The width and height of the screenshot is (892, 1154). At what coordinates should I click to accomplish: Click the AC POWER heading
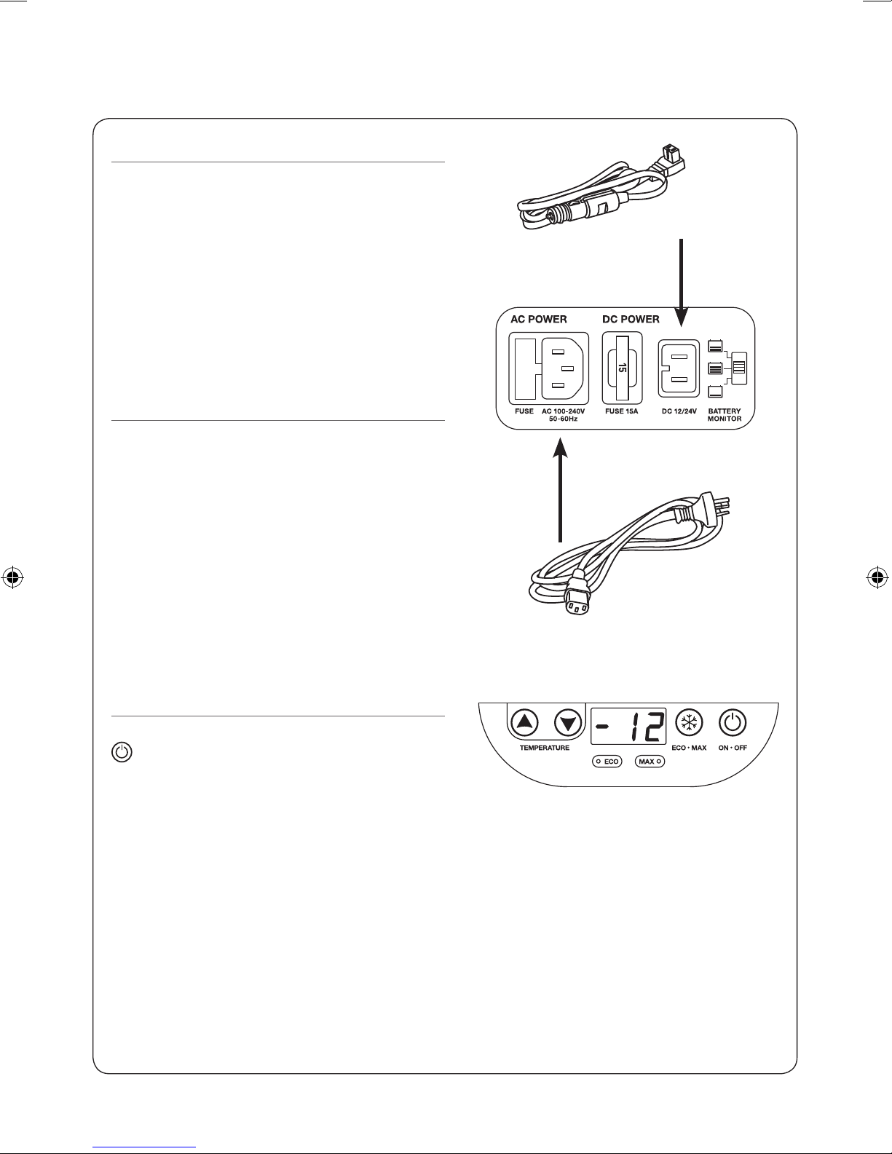click(x=538, y=319)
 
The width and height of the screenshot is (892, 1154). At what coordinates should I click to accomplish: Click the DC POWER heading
click(x=631, y=319)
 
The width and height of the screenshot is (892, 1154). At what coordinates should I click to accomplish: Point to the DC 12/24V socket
click(x=679, y=368)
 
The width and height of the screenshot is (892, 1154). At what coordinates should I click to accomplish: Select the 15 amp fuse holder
click(x=622, y=368)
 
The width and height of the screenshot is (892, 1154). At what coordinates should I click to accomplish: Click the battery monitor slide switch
click(x=739, y=368)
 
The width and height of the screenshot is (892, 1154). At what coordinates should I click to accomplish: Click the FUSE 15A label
click(x=621, y=411)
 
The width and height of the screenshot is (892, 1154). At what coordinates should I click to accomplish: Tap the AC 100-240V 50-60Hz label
click(x=563, y=415)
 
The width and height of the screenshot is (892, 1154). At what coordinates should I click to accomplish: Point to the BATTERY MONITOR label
click(x=725, y=415)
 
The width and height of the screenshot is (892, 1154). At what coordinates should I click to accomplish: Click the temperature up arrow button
click(x=524, y=722)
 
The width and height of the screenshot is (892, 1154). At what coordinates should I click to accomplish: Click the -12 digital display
click(x=628, y=727)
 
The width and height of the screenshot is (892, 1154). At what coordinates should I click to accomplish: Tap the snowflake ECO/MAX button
click(x=689, y=722)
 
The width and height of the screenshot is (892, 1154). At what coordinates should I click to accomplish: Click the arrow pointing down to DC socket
click(x=682, y=282)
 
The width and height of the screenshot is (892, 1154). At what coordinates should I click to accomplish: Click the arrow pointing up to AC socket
click(x=560, y=490)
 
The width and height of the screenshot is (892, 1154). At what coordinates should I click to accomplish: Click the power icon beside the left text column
click(x=122, y=752)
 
